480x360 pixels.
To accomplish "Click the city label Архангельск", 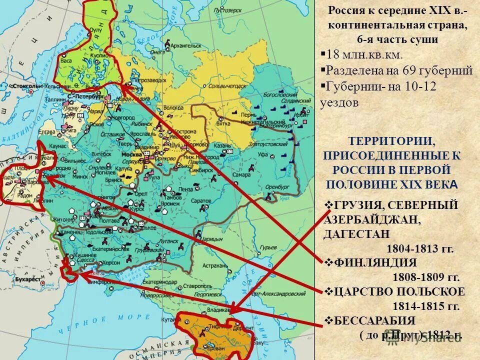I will click(x=185, y=45).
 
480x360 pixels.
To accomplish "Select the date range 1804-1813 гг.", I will click(x=419, y=248).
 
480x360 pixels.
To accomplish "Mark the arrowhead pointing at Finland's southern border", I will click(x=123, y=87).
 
